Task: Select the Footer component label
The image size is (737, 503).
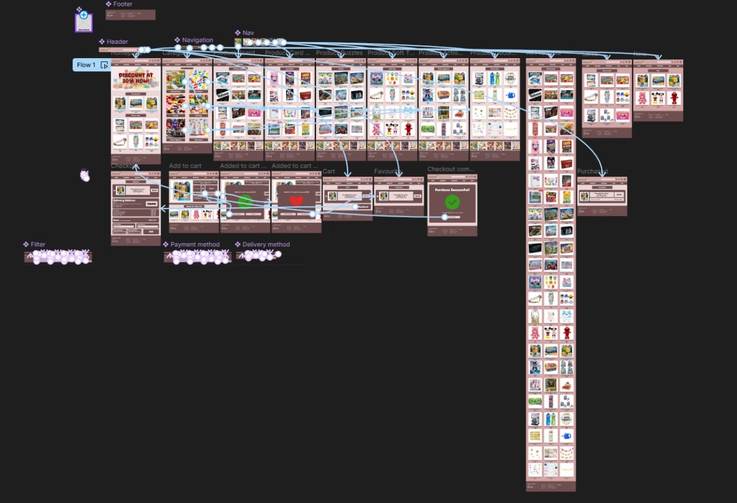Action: pyautogui.click(x=122, y=4)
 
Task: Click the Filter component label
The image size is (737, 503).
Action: pyautogui.click(x=37, y=245)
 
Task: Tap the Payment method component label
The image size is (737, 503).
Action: pyautogui.click(x=195, y=245)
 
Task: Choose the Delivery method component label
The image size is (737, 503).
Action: pyautogui.click(x=265, y=245)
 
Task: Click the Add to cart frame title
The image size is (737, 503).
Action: pyautogui.click(x=185, y=166)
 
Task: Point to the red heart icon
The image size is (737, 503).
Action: pyautogui.click(x=296, y=201)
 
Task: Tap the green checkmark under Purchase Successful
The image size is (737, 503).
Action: pyautogui.click(x=452, y=202)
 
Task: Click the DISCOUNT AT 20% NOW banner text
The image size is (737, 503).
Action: pyautogui.click(x=136, y=78)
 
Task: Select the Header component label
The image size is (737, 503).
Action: pyautogui.click(x=117, y=42)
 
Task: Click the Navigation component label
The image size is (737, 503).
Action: pyautogui.click(x=197, y=40)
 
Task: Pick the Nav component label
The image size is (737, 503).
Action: pyautogui.click(x=248, y=33)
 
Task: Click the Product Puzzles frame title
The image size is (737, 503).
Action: pyautogui.click(x=339, y=53)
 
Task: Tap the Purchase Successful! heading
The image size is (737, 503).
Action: pyautogui.click(x=452, y=190)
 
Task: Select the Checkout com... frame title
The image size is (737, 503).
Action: pyautogui.click(x=450, y=169)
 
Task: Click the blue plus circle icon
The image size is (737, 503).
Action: pyautogui.click(x=83, y=15)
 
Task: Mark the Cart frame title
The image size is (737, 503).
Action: pyautogui.click(x=329, y=172)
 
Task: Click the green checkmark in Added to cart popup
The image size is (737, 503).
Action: pyautogui.click(x=245, y=201)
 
